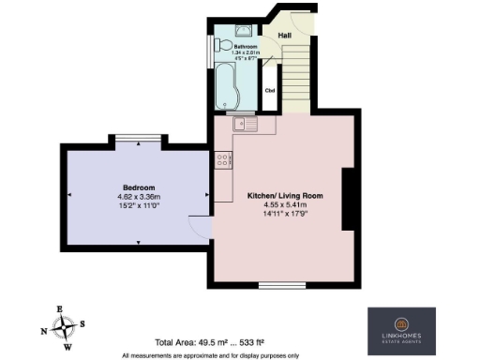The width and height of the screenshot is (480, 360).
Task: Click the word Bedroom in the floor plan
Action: [137, 187]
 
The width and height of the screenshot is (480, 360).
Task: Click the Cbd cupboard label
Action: [270, 91]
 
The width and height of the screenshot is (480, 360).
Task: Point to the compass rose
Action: [63, 328]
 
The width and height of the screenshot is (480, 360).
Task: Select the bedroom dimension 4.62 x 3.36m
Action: [137, 197]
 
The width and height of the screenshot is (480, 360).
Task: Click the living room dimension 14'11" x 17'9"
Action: [285, 217]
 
